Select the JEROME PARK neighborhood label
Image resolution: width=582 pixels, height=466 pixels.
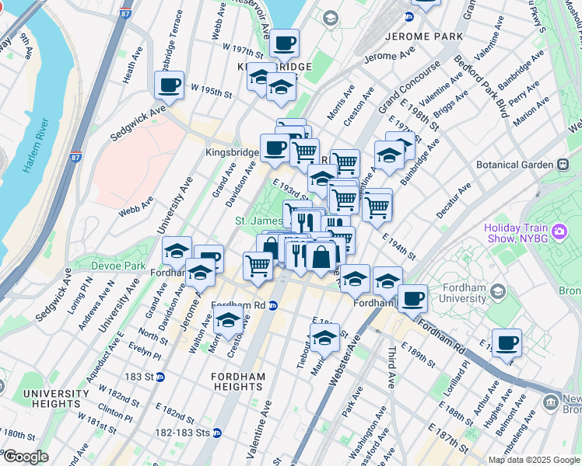coord(422,37)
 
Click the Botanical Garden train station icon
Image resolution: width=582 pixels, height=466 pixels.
coord(563,165)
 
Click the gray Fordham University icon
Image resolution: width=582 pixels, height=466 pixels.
coord(498,291)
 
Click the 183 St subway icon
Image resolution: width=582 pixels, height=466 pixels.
coord(160,377)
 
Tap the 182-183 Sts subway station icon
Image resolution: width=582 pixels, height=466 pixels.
coord(217,433)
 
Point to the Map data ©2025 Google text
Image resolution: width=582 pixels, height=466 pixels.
coord(533,460)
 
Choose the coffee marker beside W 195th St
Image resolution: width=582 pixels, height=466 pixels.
coord(169,85)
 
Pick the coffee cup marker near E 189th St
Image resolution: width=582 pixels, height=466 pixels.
coord(507,342)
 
